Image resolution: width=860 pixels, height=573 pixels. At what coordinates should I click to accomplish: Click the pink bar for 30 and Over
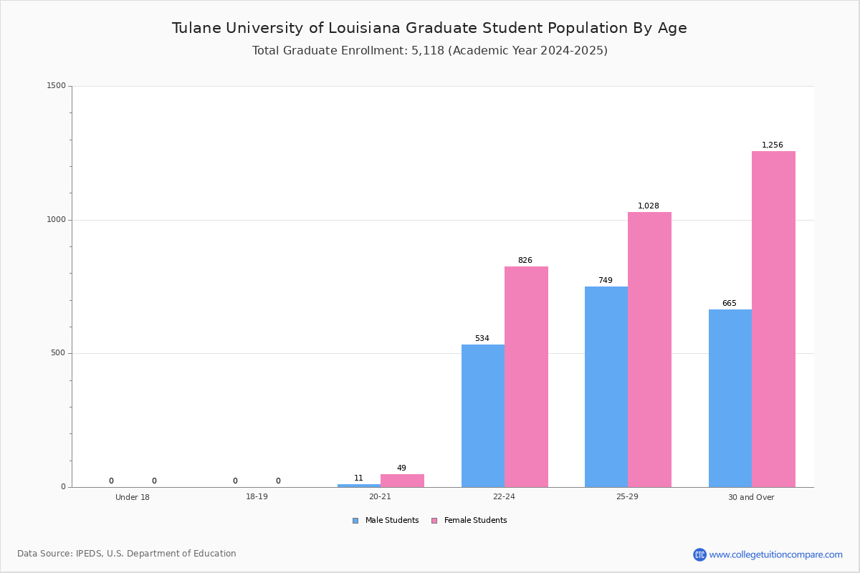[773, 319]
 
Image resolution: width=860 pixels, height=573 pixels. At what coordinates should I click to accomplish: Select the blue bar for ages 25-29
[606, 387]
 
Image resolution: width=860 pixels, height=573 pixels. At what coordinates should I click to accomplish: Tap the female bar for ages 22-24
[526, 377]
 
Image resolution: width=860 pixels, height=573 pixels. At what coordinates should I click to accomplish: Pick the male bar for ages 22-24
[483, 415]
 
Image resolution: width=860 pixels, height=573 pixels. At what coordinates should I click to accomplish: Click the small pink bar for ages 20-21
[402, 481]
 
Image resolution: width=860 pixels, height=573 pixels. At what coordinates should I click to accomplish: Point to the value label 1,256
[772, 145]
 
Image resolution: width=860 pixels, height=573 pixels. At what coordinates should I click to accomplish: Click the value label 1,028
[649, 206]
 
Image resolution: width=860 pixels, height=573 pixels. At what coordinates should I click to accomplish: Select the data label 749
[606, 280]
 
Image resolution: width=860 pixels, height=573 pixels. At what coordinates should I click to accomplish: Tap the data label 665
[730, 303]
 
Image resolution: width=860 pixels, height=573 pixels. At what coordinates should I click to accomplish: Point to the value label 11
[358, 478]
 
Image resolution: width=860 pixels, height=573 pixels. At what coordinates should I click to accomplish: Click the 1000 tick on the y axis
[57, 219]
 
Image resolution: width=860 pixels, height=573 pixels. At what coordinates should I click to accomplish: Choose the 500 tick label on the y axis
[58, 352]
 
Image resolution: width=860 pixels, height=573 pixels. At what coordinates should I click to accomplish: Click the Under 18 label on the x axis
[133, 497]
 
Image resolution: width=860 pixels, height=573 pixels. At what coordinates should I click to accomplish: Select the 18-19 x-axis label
[257, 496]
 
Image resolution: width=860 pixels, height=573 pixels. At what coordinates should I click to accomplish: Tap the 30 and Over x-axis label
[751, 497]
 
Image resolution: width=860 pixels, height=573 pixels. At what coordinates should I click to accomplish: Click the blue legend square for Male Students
[355, 521]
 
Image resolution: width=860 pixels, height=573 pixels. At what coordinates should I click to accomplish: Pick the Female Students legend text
[475, 520]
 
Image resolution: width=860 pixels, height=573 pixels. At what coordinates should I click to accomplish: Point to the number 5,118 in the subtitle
[428, 51]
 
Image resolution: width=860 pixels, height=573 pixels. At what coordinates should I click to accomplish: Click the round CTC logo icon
[699, 554]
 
